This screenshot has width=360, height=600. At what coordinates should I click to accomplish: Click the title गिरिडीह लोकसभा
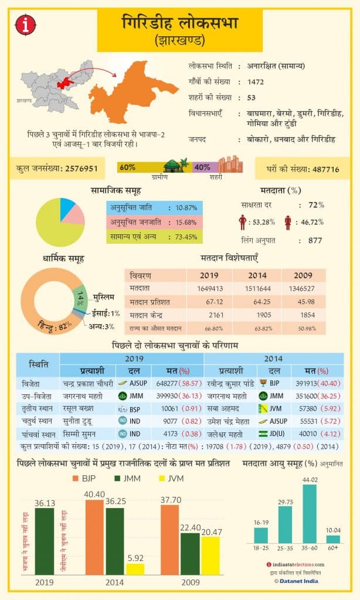pos(180,24)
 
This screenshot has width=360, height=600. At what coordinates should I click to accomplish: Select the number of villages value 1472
pos(256,81)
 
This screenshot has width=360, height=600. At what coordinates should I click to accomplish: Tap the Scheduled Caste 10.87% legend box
pos(155,208)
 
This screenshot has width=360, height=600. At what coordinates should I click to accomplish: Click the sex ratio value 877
pos(315,240)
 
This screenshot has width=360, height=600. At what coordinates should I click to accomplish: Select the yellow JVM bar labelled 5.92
pos(135,568)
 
